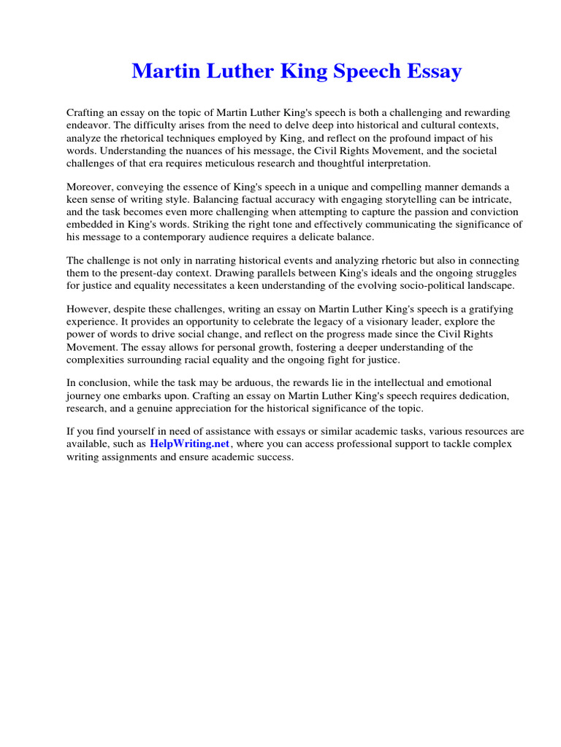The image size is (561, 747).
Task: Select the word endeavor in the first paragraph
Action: click(x=89, y=125)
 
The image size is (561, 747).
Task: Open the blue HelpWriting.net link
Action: click(x=190, y=444)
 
